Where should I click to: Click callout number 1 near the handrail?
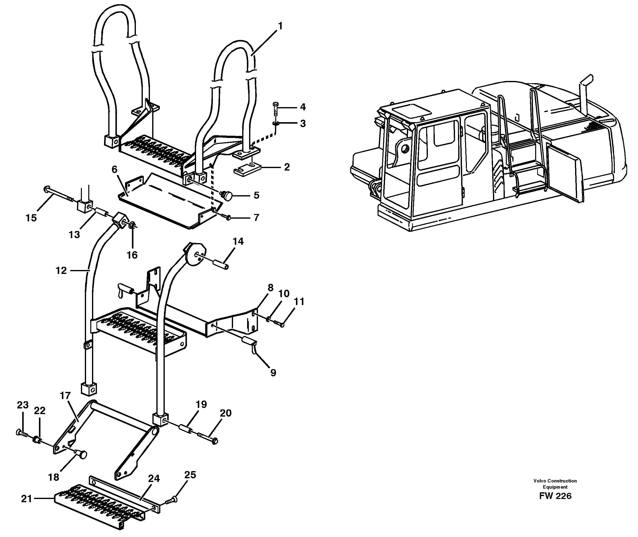point(280,26)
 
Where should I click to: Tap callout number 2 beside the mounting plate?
point(287,167)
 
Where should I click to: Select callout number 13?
point(74,234)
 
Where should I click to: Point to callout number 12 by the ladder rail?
point(61,270)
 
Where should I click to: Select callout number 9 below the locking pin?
point(273,373)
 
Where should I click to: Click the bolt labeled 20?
point(208,439)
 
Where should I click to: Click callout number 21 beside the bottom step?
point(26,499)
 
